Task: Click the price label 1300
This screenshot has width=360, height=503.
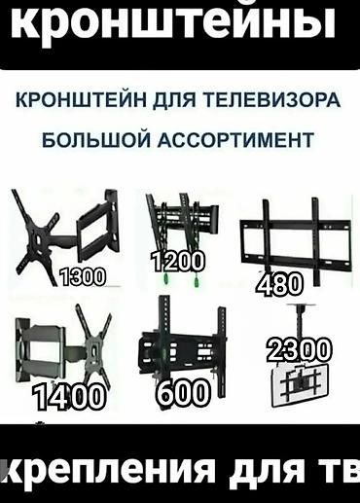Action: [x=83, y=275]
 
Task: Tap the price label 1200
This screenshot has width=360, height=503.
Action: [x=178, y=260]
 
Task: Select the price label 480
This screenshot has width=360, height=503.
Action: [x=279, y=284]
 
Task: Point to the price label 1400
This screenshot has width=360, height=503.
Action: [x=68, y=396]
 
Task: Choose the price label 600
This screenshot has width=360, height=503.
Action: [x=182, y=393]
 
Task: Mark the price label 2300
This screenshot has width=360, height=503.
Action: [x=300, y=349]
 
